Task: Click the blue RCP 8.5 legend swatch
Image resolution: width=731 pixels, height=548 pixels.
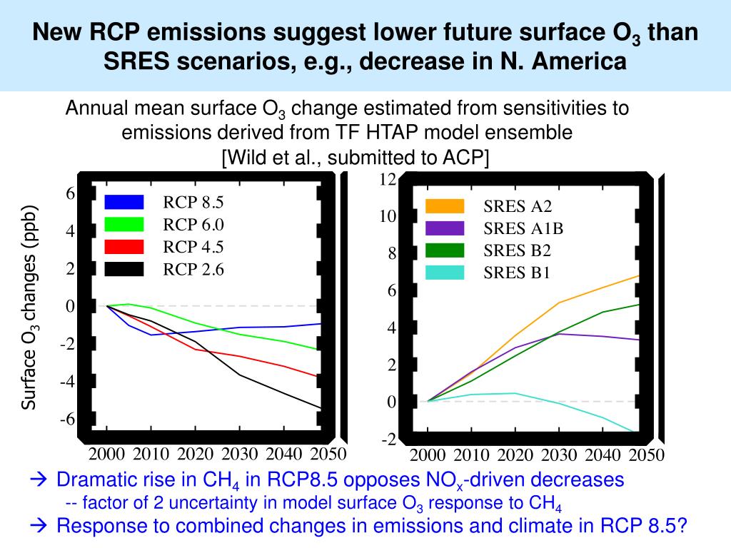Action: [124, 202]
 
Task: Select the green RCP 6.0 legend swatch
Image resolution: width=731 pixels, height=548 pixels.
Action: [124, 224]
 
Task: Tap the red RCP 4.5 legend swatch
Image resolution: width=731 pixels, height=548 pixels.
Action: [124, 247]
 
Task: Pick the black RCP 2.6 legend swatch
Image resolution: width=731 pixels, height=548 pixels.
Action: [124, 269]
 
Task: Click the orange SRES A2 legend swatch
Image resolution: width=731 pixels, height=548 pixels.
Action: [445, 206]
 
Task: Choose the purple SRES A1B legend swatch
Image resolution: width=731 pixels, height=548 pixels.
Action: [445, 228]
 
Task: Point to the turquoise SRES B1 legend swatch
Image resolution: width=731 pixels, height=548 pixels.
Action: [445, 272]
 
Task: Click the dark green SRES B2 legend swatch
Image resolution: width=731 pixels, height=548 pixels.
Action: [445, 250]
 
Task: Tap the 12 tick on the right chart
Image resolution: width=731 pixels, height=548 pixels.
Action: [388, 179]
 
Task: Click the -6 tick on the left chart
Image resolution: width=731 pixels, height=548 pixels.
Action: [66, 419]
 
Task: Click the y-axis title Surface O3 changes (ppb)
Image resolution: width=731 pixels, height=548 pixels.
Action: [29, 308]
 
